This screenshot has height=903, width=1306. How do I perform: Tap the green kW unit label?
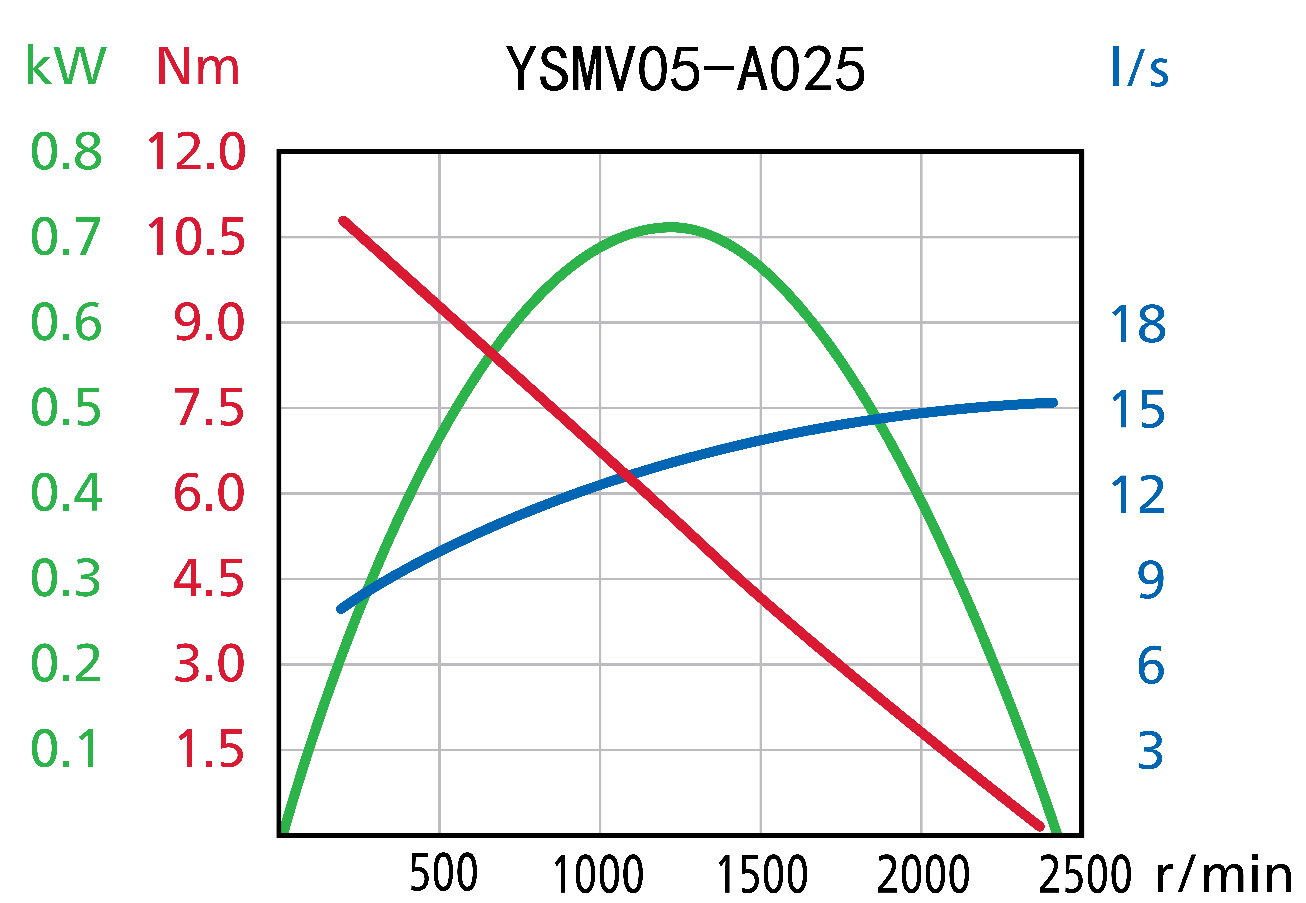[66, 66]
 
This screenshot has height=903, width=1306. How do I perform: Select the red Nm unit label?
[198, 67]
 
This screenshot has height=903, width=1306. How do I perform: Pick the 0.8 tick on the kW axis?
[66, 152]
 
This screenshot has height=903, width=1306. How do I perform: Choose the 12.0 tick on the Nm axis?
[196, 152]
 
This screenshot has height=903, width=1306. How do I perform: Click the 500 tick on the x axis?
[444, 873]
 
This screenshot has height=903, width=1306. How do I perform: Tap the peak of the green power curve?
[671, 227]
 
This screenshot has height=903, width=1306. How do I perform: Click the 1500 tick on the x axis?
[762, 874]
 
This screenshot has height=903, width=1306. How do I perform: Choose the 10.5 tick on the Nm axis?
[196, 237]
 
